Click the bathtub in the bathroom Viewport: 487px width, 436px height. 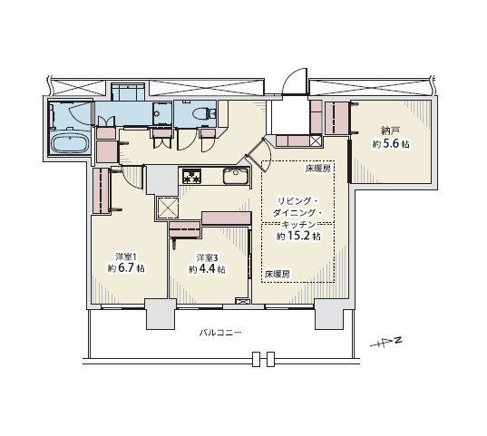click(70, 143)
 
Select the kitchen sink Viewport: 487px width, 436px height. click(236, 177)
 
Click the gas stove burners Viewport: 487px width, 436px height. click(192, 177)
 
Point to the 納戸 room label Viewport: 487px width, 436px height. click(390, 131)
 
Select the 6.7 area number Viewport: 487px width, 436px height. click(127, 268)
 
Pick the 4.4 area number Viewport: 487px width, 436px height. click(207, 269)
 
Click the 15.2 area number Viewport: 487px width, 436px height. click(298, 236)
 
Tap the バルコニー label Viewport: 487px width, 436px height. click(220, 334)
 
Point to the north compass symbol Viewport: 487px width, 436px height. click(386, 342)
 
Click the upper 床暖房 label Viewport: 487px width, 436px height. click(317, 169)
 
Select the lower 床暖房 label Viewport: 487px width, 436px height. click(278, 274)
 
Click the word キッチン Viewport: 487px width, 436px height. click(298, 225)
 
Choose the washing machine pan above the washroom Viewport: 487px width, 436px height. click(128, 92)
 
